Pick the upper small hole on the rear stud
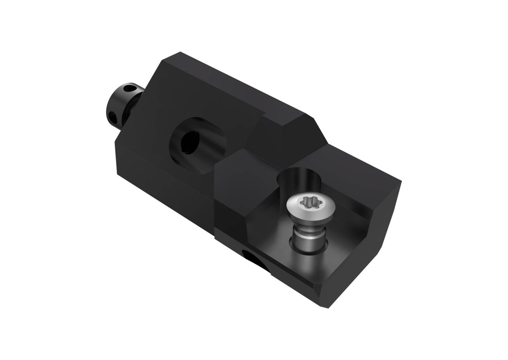[x=129, y=90]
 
